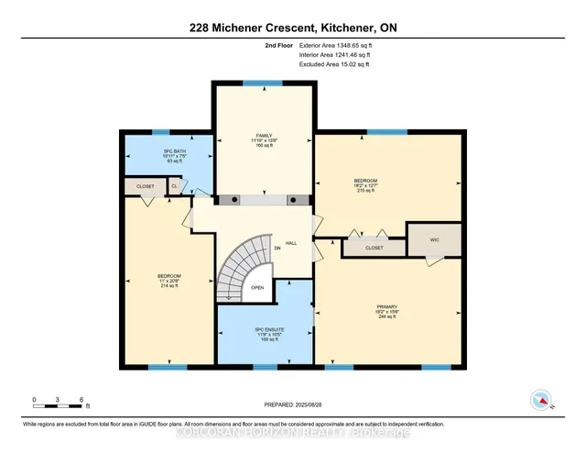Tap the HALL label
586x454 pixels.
[x=291, y=243]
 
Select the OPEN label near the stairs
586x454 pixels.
[x=258, y=287]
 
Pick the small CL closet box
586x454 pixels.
[x=175, y=185]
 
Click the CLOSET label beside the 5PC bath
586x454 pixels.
[x=145, y=185]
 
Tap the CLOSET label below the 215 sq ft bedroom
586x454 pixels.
[x=374, y=247]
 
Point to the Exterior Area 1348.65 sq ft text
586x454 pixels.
[x=335, y=45]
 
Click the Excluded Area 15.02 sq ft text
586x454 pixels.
[x=333, y=63]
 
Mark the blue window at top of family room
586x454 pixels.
[x=264, y=83]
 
